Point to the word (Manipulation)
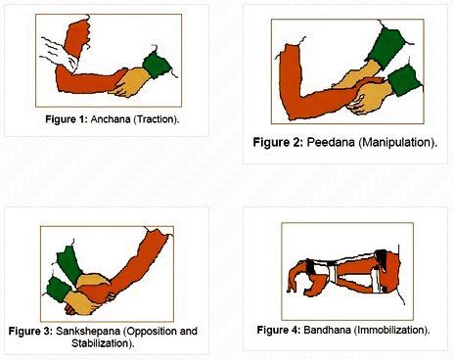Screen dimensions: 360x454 coord(396,143)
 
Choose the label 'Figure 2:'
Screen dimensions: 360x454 coord(278,143)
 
